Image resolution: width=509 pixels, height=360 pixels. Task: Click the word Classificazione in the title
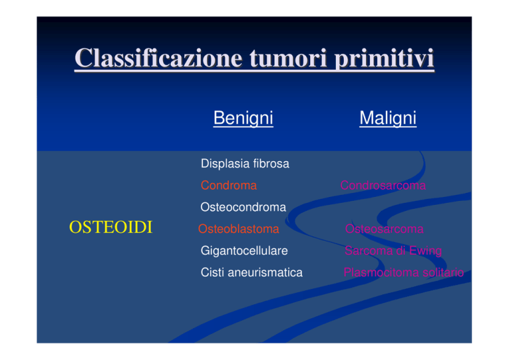[x=158, y=58]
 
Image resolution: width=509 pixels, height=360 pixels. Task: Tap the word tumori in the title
[x=288, y=58]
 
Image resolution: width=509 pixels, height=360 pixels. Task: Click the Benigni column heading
[x=243, y=118]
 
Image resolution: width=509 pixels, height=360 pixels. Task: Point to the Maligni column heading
[x=388, y=118]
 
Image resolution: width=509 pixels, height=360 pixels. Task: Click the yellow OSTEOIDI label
[x=111, y=227]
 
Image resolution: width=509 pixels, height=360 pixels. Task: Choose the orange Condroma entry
[x=229, y=186]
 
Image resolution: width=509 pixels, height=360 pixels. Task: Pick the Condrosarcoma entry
[x=383, y=186]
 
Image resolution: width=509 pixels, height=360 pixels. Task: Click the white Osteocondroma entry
[x=243, y=207]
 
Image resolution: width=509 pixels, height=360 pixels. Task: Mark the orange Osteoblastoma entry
[x=239, y=229]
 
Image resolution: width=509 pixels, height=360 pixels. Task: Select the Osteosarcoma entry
[x=384, y=229]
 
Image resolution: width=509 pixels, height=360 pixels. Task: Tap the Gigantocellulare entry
[x=244, y=251]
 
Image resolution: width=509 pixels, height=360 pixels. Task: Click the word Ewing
[x=425, y=251]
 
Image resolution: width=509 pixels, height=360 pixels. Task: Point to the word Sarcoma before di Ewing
[x=367, y=251]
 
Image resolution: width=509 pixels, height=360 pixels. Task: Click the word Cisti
[x=213, y=272]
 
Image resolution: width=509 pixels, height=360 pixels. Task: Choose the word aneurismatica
[x=265, y=272]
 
